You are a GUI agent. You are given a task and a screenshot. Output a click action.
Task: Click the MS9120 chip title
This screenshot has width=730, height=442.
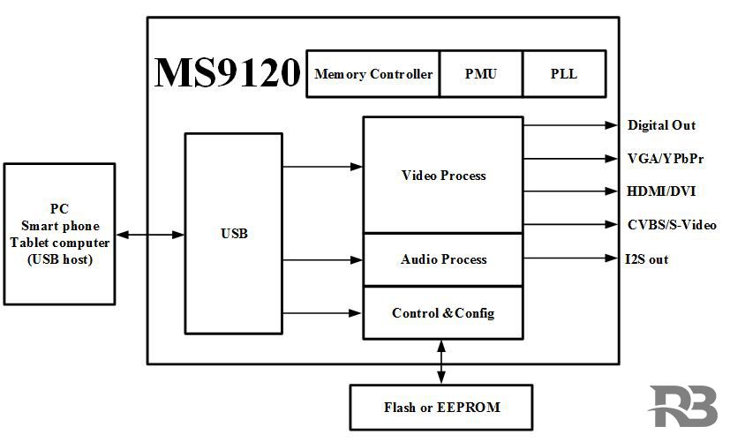coord(228,73)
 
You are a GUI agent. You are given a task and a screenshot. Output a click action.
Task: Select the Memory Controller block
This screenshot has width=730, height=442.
coord(373,74)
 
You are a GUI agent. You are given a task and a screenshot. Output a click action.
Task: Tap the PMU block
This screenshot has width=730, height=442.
coord(480,74)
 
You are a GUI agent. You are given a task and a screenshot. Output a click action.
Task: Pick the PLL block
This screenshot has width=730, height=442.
coord(563,74)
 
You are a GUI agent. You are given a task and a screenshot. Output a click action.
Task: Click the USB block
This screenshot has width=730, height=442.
coord(234,234)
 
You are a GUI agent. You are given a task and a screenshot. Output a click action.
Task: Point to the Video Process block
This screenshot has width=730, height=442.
coord(443,176)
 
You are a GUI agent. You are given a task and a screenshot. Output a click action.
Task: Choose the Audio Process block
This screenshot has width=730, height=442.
coord(443,259)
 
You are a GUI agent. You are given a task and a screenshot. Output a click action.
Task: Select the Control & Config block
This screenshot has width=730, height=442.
coord(443,313)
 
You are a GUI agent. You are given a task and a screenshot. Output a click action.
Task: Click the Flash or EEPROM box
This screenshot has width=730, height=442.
coord(441,408)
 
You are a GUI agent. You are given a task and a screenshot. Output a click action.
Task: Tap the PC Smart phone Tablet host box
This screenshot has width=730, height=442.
coord(59,234)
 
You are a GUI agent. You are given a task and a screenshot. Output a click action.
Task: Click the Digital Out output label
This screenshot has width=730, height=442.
coord(661,125)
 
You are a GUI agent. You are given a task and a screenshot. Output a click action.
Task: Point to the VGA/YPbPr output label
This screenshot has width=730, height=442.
coord(666,159)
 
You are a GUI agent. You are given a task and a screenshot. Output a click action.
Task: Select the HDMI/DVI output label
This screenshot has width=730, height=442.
coord(661,191)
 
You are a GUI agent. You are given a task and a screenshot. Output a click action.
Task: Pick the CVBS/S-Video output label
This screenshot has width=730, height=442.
coord(672,225)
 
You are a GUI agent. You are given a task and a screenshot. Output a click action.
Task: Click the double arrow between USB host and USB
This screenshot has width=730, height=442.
coord(150,235)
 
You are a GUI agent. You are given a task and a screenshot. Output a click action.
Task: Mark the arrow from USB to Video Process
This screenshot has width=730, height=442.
coord(323,166)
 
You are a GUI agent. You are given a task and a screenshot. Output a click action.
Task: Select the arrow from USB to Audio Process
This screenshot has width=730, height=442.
coord(323,260)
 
